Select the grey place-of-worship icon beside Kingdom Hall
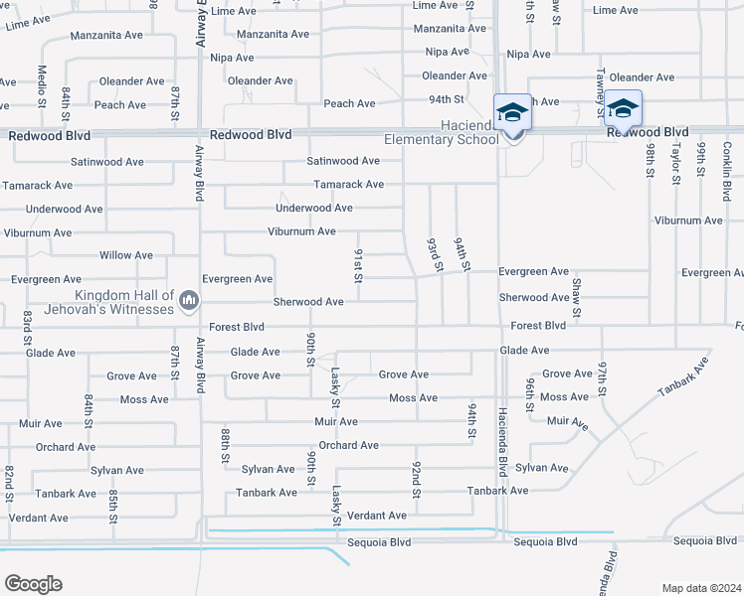[x=189, y=301]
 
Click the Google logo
[x=33, y=583]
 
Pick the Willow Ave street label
[x=126, y=255]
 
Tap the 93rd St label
[x=433, y=254]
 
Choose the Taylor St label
[x=674, y=163]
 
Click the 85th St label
[x=114, y=506]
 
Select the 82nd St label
[x=9, y=483]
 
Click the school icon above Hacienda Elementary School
[x=513, y=111]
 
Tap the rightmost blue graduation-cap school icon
[x=623, y=107]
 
